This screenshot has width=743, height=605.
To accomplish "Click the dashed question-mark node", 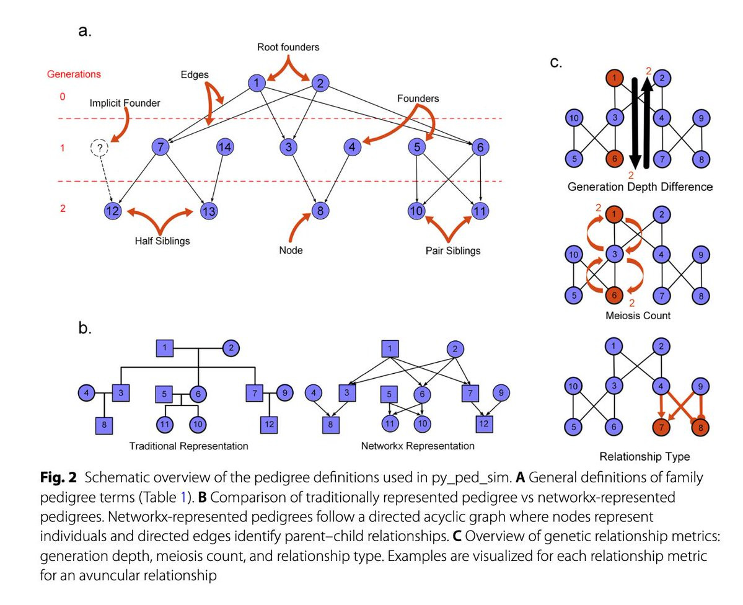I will click(x=99, y=148).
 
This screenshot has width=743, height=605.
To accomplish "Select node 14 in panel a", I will click(x=224, y=148).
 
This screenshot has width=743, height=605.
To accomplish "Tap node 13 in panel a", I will click(x=209, y=211).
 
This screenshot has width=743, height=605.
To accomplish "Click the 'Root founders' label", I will click(x=288, y=47).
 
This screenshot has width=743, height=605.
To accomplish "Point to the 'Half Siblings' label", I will click(x=162, y=241).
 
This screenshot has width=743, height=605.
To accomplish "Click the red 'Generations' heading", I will click(x=74, y=74).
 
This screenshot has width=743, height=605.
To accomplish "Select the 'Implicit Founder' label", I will click(x=125, y=103).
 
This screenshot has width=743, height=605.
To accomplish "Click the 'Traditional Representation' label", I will click(x=188, y=446).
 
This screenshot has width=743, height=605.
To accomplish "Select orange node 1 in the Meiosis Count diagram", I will click(x=613, y=215).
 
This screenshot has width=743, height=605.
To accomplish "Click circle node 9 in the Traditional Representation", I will click(x=284, y=392).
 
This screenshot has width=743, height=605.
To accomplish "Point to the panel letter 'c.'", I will click(x=556, y=63).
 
